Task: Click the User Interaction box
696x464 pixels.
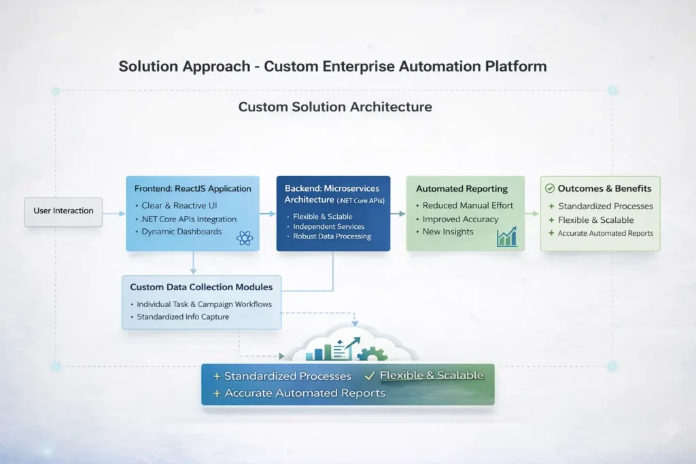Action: pyautogui.click(x=63, y=211)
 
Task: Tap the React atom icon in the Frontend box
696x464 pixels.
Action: pyautogui.click(x=245, y=238)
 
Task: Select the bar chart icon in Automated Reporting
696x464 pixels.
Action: pyautogui.click(x=506, y=236)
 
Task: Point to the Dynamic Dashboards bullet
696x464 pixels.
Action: pyautogui.click(x=181, y=232)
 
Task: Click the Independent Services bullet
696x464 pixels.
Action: pyautogui.click(x=328, y=226)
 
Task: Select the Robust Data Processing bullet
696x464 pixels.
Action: pyautogui.click(x=332, y=236)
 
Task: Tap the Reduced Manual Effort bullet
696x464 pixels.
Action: pyautogui.click(x=467, y=206)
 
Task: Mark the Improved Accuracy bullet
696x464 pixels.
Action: pyautogui.click(x=459, y=219)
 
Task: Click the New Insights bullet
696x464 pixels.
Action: pyautogui.click(x=447, y=232)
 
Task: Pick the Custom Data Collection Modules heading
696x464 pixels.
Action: pyautogui.click(x=201, y=287)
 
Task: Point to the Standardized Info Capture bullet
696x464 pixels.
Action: pyautogui.click(x=182, y=317)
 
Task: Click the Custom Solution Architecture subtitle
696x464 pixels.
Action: pyautogui.click(x=335, y=107)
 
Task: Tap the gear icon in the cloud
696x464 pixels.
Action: pyautogui.click(x=372, y=355)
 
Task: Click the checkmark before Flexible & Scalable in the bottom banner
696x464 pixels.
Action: pyautogui.click(x=370, y=375)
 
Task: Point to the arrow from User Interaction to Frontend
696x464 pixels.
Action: pyautogui.click(x=114, y=213)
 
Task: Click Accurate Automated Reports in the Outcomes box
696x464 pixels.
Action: pyautogui.click(x=605, y=234)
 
